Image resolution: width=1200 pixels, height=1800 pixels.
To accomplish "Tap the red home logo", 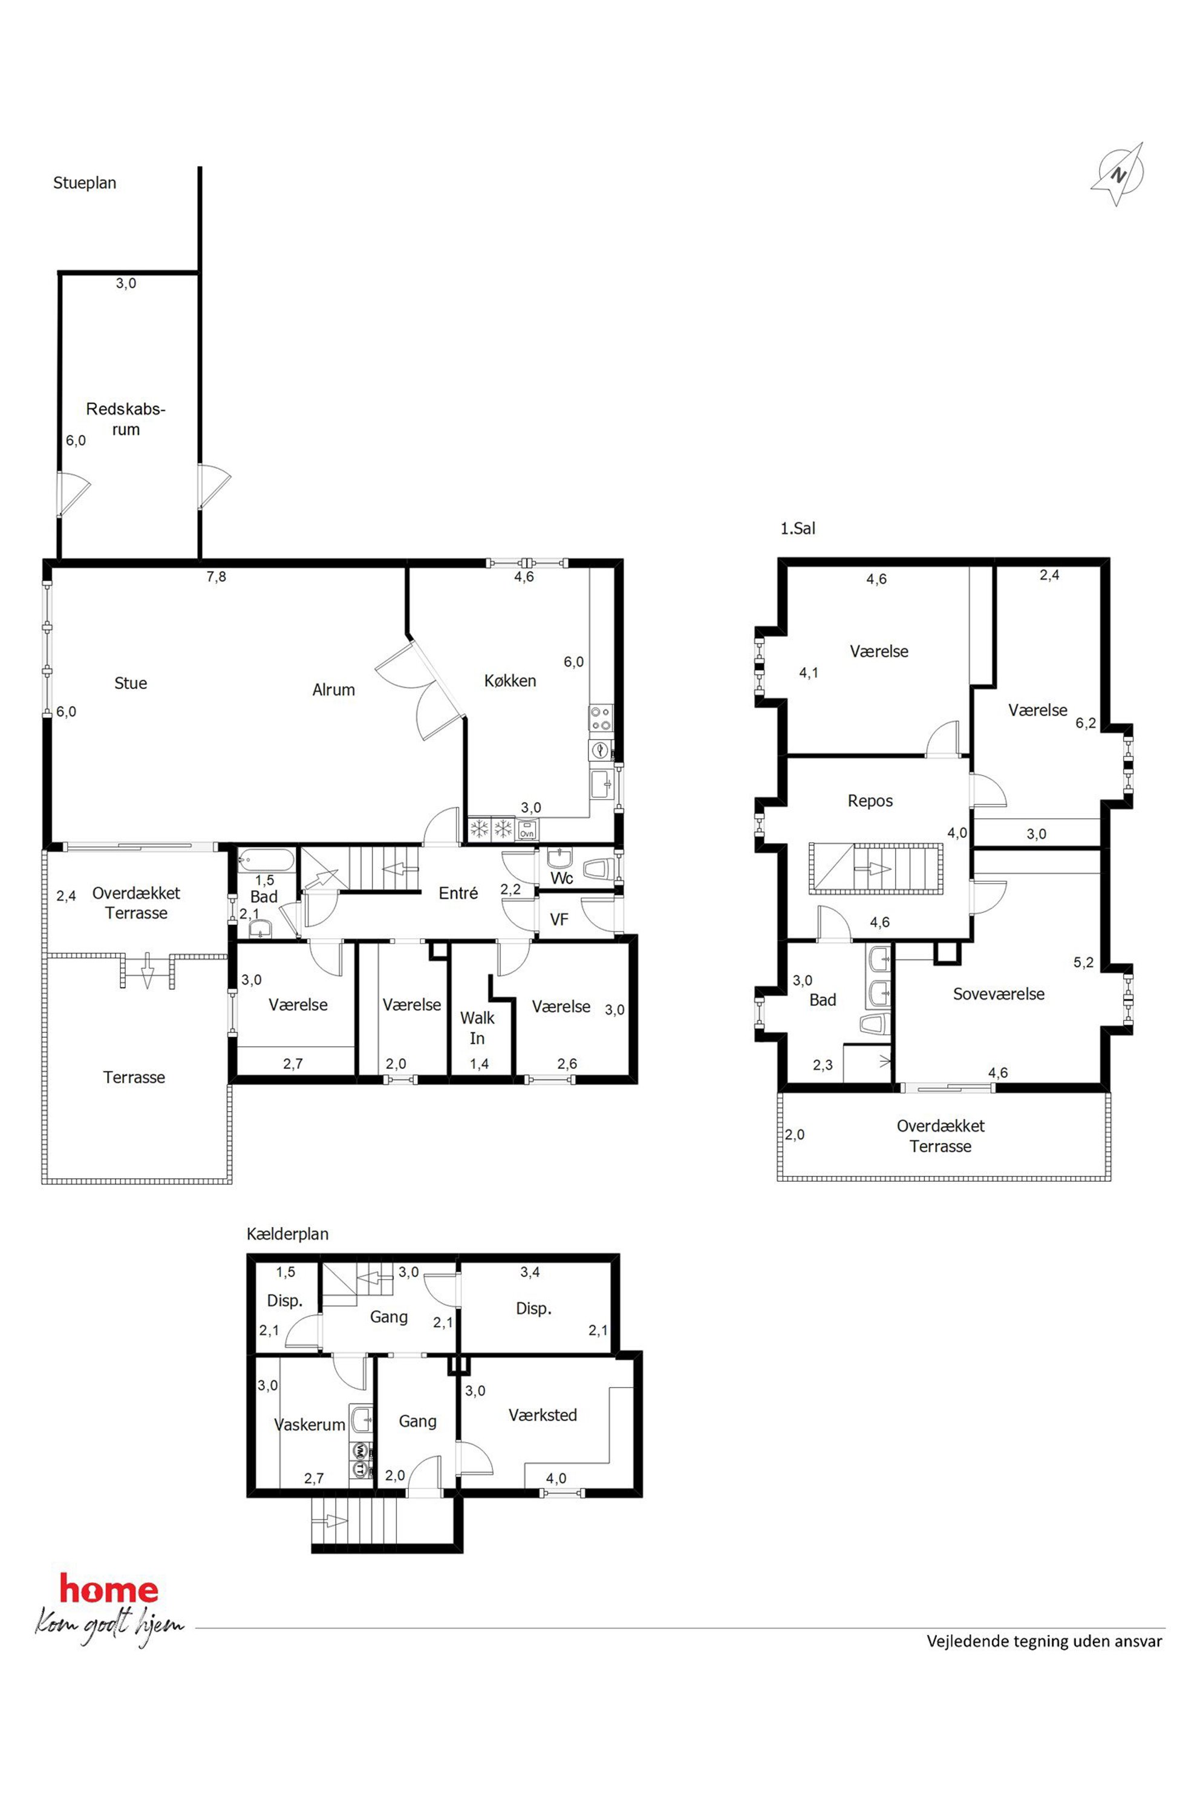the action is (109, 1589).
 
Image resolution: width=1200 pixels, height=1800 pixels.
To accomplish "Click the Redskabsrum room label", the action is (126, 419).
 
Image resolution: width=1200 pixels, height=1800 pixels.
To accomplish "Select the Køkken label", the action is (510, 680).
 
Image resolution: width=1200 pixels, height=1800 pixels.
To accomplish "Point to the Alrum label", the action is (334, 690).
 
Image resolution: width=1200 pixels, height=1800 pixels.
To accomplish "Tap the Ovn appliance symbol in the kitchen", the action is (527, 828).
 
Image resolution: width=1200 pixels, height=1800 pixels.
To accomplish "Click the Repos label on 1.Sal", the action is (870, 801).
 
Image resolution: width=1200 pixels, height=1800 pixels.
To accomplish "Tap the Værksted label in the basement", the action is (543, 1415).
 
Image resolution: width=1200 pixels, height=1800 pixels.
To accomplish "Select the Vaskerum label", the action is (310, 1424).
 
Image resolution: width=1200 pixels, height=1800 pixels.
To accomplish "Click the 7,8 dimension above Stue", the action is (217, 577).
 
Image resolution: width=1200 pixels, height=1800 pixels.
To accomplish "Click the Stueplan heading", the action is (84, 183).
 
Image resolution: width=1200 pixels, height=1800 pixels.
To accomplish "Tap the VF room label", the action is (559, 919).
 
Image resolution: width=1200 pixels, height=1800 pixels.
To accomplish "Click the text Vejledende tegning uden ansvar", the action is (1044, 1641).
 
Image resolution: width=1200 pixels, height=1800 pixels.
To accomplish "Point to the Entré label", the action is (458, 892).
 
